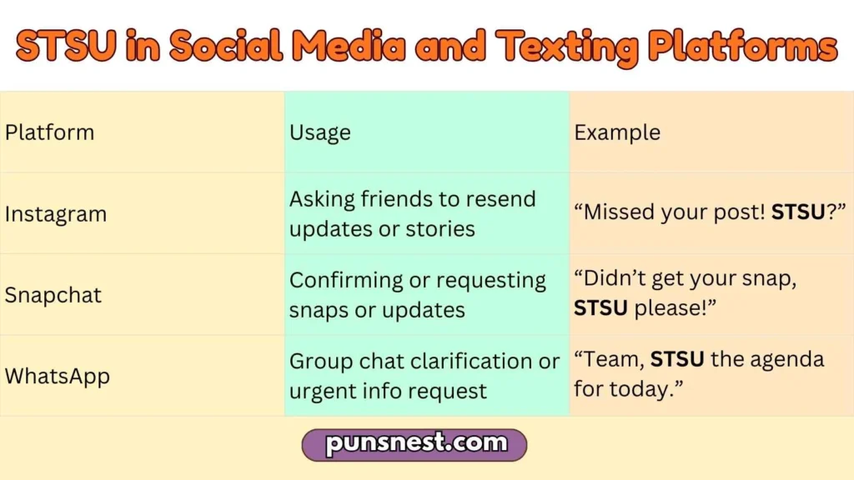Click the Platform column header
[49, 132]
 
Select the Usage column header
[319, 132]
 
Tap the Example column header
[617, 132]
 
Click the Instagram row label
[56, 214]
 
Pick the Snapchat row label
[53, 295]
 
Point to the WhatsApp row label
[58, 376]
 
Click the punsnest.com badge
[414, 444]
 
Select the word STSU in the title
[66, 47]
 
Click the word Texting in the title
[566, 47]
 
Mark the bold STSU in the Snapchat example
[600, 309]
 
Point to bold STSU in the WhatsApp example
[677, 360]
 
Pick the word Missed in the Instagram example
[618, 213]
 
